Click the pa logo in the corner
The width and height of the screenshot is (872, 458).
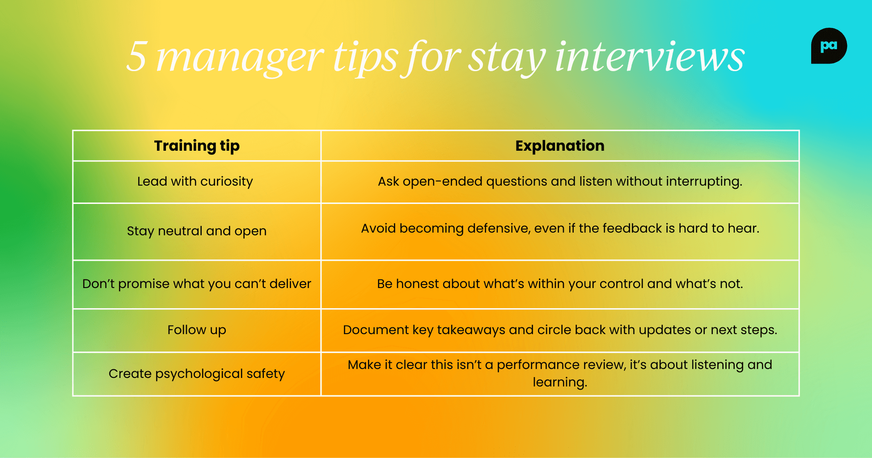coord(829,46)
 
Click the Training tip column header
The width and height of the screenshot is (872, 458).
coord(197,146)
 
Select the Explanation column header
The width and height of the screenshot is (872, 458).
coord(559,146)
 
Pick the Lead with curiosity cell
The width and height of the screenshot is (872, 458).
coord(195,182)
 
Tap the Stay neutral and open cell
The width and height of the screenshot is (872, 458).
coord(197,231)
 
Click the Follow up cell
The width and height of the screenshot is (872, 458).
coord(197,330)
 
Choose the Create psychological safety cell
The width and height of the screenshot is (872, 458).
coord(197,374)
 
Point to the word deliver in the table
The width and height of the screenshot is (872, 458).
coord(290,284)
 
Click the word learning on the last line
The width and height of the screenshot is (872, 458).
coord(559,382)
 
